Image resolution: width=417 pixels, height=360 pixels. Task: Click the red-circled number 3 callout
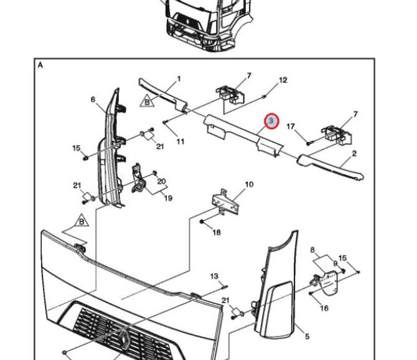271,121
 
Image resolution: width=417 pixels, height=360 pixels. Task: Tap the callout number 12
283,80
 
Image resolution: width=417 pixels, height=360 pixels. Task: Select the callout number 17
291,126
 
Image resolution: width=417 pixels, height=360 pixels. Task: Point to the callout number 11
180,141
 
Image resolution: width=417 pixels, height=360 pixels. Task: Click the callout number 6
93,99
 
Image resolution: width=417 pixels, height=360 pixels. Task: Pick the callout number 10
249,184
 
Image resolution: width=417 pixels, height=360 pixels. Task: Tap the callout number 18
217,232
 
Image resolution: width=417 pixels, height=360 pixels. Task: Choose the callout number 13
214,276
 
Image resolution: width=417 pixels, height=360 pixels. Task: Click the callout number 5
307,336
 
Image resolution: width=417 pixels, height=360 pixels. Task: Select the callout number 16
324,308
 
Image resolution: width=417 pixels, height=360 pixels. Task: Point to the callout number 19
168,198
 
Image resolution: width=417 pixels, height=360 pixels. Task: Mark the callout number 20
161,181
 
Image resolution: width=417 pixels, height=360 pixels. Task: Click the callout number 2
354,153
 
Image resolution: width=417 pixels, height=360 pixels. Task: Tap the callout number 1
179,78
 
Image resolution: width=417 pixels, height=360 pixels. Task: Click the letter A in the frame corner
40,65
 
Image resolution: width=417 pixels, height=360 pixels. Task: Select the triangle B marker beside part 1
147,101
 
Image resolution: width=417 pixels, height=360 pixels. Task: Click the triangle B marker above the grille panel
82,220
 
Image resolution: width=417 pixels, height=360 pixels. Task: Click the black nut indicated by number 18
202,221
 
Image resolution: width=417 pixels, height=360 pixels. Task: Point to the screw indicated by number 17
309,143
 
